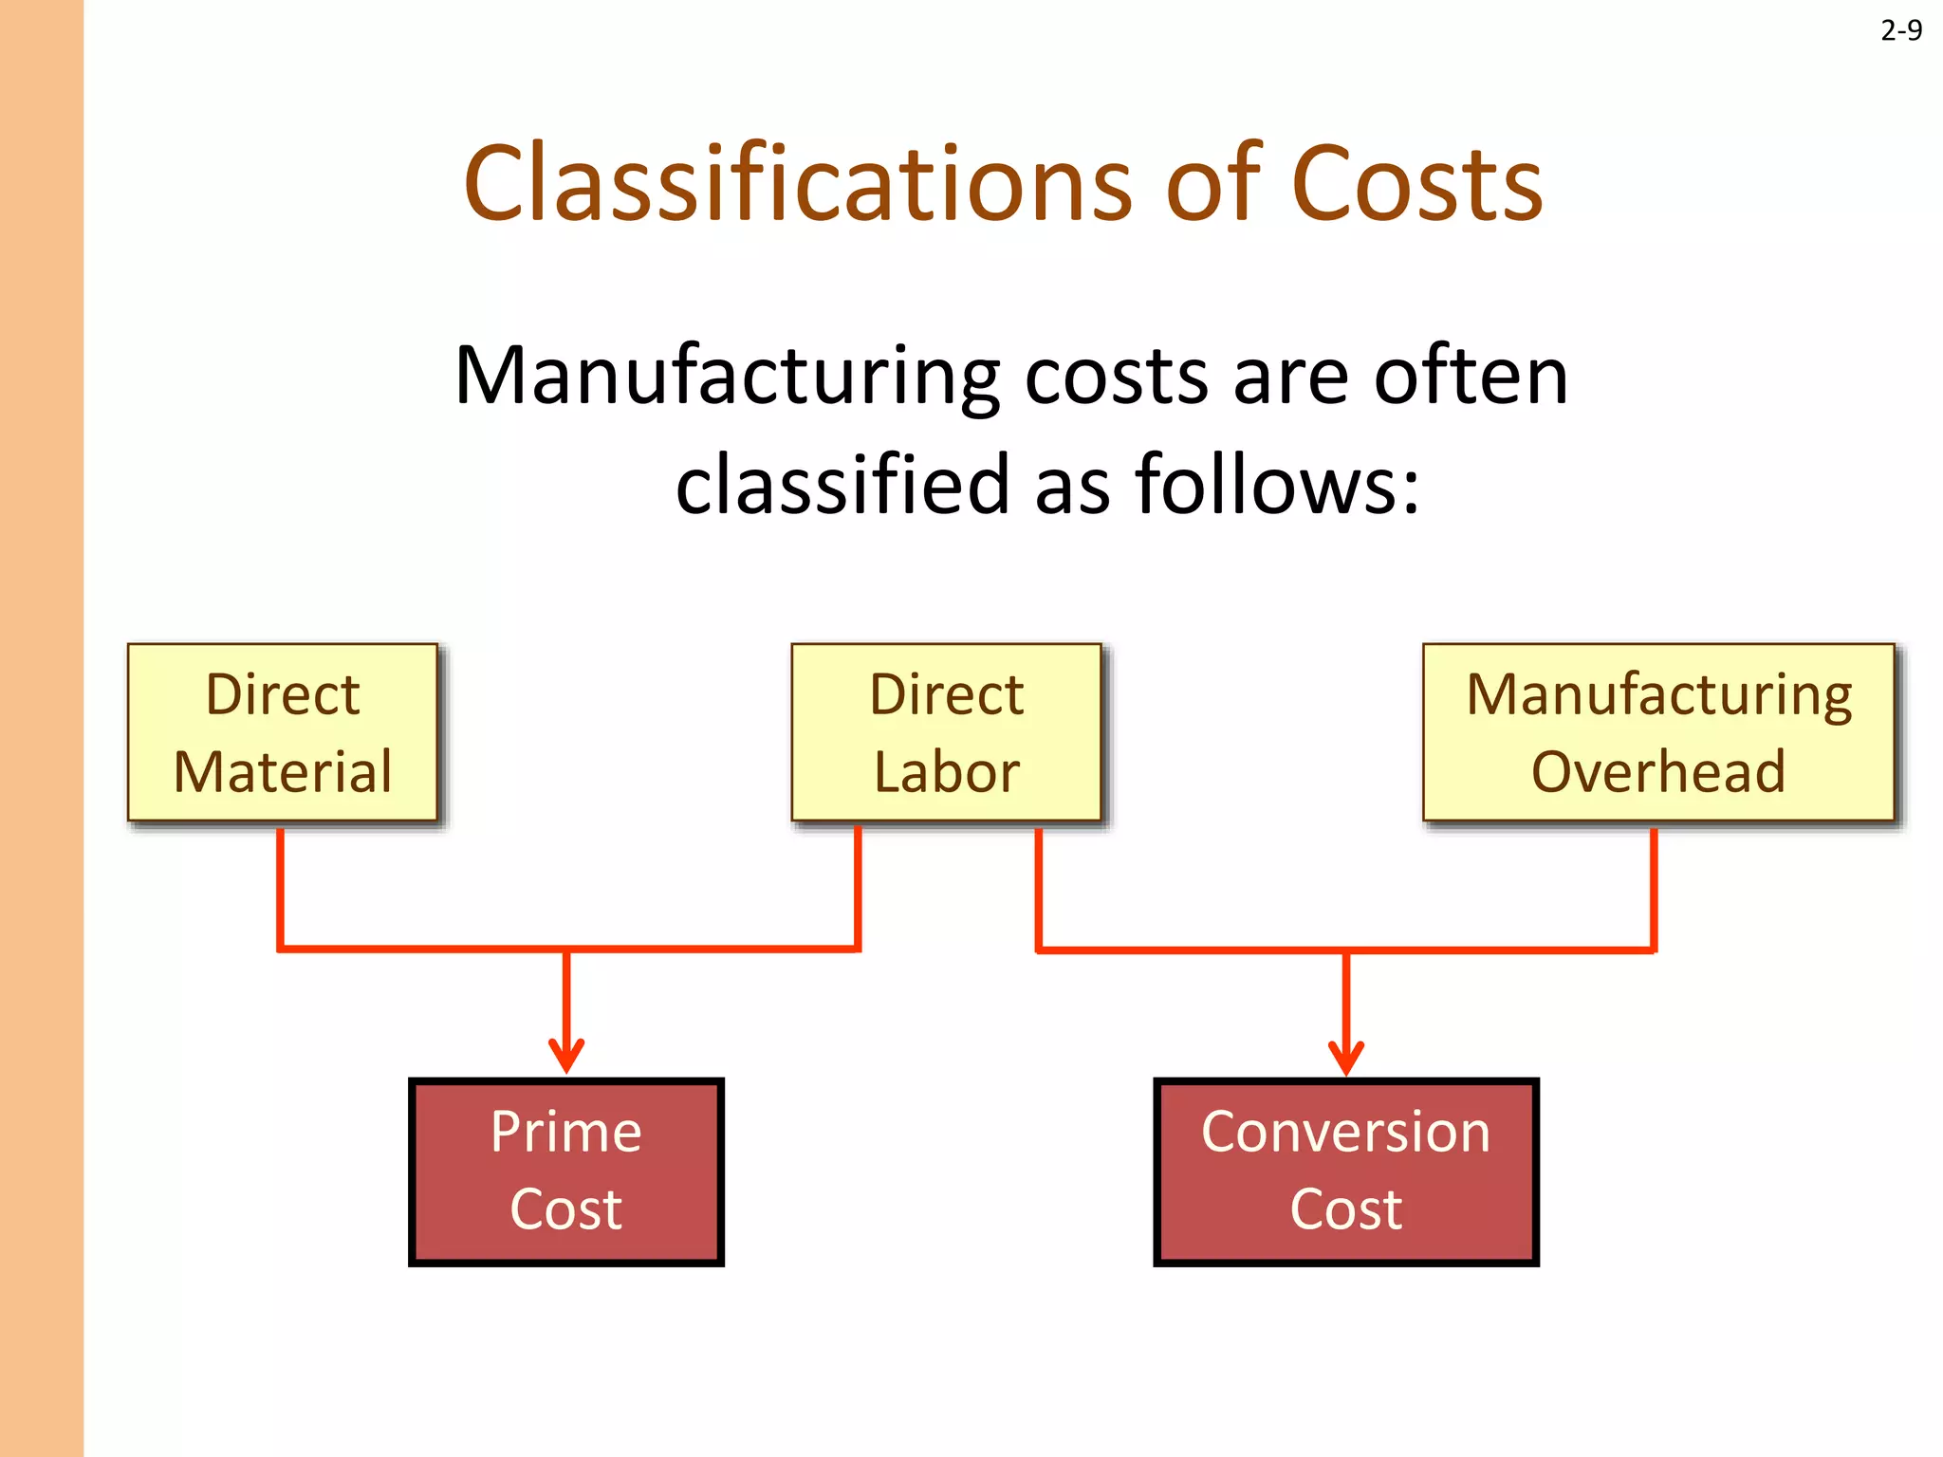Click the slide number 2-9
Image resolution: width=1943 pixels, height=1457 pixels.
pos(1900,31)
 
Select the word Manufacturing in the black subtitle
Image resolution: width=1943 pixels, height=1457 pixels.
pos(727,378)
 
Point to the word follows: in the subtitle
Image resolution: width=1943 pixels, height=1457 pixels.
pos(1277,485)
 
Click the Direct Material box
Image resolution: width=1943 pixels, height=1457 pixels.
pos(283,732)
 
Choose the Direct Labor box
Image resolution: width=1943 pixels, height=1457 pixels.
pos(946,732)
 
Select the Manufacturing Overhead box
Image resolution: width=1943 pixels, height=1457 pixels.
pos(1658,732)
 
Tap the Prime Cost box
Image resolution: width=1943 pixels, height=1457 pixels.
pos(566,1171)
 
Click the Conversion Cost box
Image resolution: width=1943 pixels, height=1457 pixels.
pos(1345,1171)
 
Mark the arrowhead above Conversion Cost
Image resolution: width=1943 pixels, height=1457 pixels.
pos(1345,1057)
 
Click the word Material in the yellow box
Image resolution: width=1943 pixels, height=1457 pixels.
pos(283,771)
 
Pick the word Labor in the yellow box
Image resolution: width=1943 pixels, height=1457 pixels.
pos(946,771)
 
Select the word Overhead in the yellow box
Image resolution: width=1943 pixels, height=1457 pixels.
pos(1658,771)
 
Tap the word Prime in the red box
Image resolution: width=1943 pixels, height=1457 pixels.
pos(566,1132)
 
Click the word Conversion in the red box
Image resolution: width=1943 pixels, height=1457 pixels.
pos(1345,1132)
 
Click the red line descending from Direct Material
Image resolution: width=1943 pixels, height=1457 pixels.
pos(281,887)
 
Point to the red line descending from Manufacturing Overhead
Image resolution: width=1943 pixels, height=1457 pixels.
pos(1654,887)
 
